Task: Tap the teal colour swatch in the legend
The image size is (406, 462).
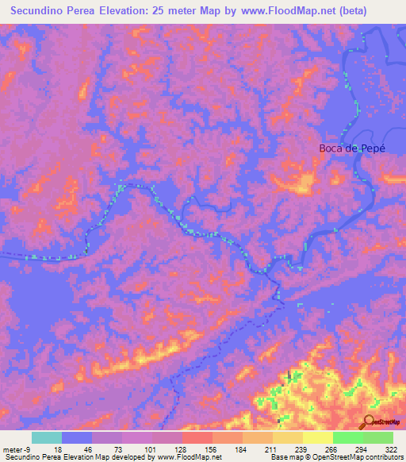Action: click(47, 437)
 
